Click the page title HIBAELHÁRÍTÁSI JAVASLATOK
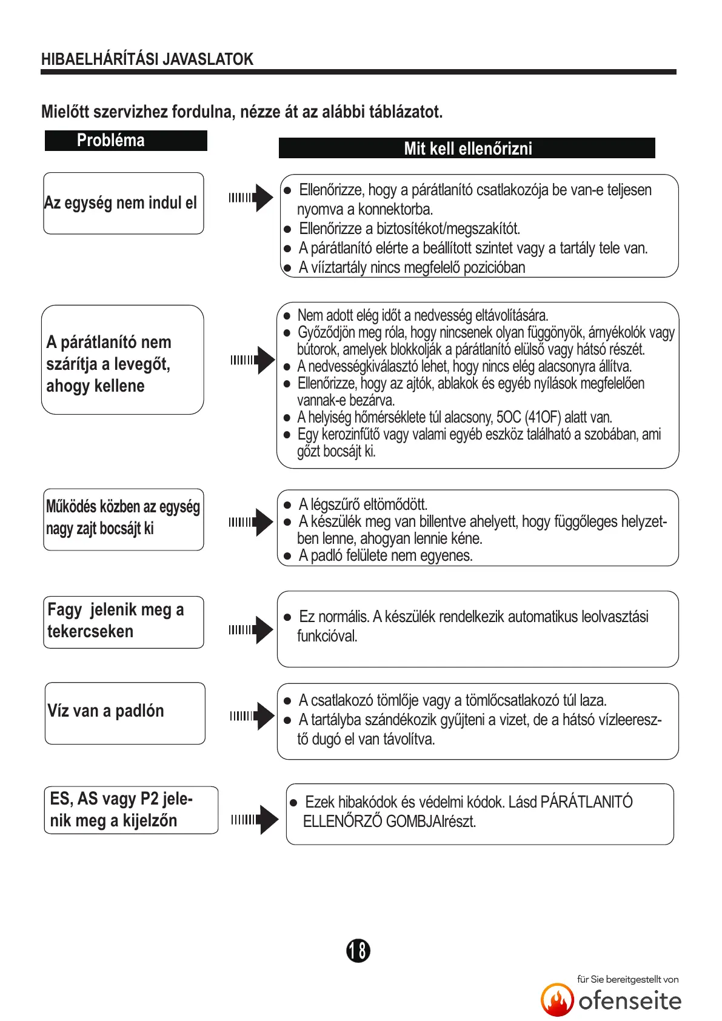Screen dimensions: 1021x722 [x=147, y=59]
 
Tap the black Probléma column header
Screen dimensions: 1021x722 [x=125, y=141]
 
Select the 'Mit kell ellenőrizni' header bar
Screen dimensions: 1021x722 [x=467, y=149]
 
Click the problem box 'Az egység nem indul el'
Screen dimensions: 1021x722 [x=123, y=203]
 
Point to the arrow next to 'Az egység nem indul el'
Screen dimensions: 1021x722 [x=251, y=198]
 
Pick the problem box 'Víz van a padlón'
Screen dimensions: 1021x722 [x=124, y=712]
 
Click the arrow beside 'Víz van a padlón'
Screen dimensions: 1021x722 [x=252, y=716]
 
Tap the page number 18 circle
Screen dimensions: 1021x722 [x=358, y=950]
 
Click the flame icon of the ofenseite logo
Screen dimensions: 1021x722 [x=557, y=1000]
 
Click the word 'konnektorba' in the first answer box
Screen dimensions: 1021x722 [x=395, y=210]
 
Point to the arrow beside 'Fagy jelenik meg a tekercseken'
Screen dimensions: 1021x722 [x=251, y=630]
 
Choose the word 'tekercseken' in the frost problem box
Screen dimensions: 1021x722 [x=90, y=632]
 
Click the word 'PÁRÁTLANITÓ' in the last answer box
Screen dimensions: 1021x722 [x=586, y=802]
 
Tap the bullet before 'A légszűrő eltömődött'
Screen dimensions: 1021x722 [x=287, y=505]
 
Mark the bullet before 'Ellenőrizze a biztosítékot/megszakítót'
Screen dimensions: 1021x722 [x=287, y=230]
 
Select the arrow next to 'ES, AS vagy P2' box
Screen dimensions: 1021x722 [x=255, y=820]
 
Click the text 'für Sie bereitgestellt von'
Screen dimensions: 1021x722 [x=627, y=979]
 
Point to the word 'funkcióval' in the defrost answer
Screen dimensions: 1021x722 [x=327, y=637]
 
